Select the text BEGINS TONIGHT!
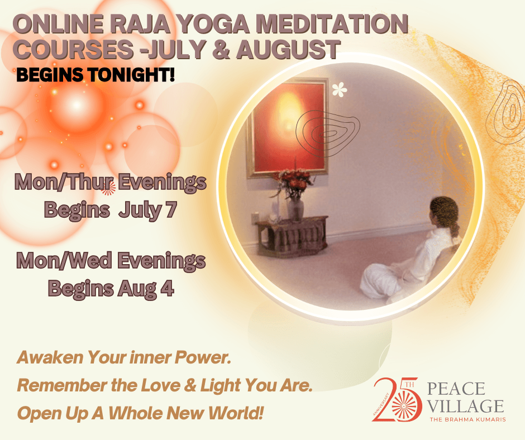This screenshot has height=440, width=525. point(96,74)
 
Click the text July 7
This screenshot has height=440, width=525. point(147,210)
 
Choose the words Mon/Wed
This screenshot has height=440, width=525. point(64,261)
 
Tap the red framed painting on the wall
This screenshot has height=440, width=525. point(287,127)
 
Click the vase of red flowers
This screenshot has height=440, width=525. point(294,194)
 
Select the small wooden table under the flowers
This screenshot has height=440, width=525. point(292,236)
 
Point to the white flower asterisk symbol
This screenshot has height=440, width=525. point(339,89)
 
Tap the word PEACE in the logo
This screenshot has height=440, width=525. point(456,389)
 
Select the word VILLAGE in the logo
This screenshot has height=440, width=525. point(466,406)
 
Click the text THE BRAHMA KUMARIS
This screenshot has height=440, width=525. point(467,419)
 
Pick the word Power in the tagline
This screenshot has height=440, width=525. point(203,357)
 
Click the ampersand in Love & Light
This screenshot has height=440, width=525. point(190,385)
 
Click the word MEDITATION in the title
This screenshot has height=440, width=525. point(332,24)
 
